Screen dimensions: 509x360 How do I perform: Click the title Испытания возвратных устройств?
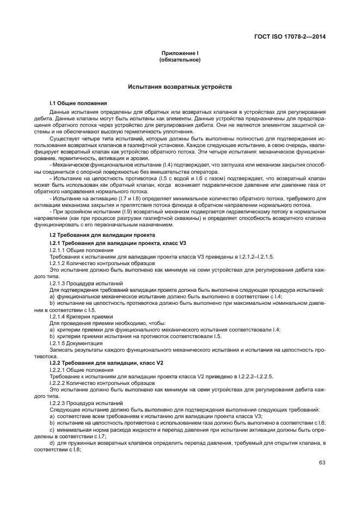180,87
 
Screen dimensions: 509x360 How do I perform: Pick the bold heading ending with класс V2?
106,362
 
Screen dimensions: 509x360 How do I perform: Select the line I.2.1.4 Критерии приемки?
81,316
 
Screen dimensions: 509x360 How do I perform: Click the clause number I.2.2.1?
58,369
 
